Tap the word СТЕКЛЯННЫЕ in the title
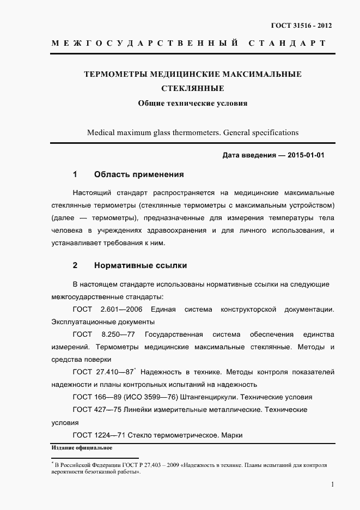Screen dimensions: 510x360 tap(192, 88)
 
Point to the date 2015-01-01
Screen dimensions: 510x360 tap(306, 155)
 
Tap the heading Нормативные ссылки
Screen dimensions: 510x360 tap(141, 265)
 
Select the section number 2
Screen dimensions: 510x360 tap(75, 265)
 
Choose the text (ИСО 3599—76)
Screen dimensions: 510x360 tap(151, 397)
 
